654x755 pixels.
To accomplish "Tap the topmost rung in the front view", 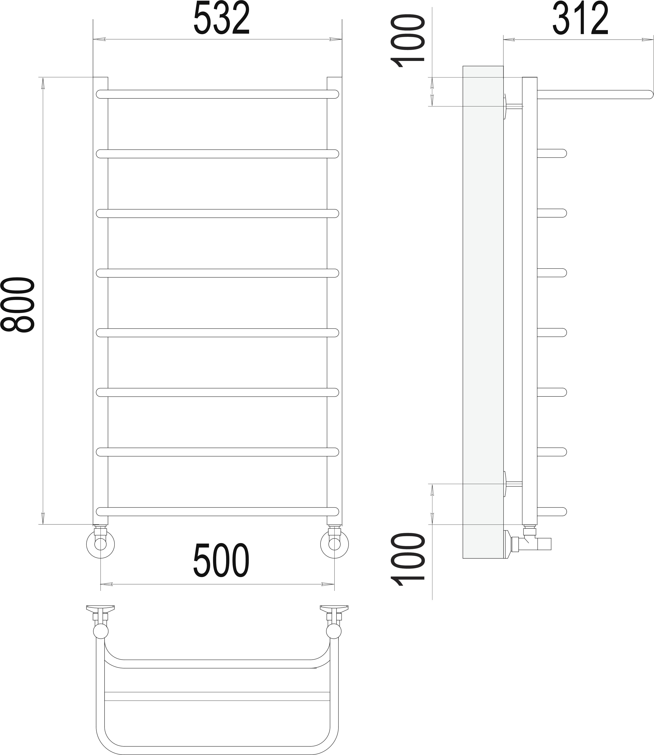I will [217, 94].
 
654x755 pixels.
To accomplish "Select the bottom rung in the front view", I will [217, 511].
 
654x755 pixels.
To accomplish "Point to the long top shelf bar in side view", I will [595, 94].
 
